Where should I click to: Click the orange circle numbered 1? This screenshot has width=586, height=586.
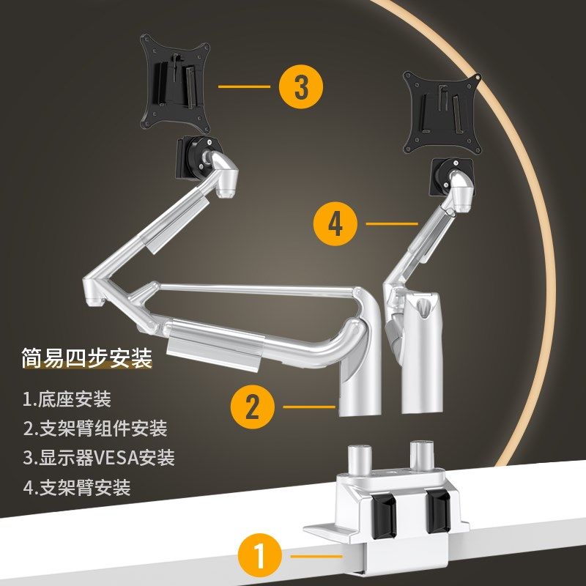click(x=260, y=556)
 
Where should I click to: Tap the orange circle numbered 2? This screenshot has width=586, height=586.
click(x=252, y=407)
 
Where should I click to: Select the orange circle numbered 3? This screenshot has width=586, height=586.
click(x=301, y=86)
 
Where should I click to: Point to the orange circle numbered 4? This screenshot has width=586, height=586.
click(x=335, y=224)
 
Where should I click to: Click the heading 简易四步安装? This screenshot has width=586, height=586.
click(x=86, y=358)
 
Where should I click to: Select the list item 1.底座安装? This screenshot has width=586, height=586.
click(x=67, y=398)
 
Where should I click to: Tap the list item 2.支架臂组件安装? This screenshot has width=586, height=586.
click(x=95, y=429)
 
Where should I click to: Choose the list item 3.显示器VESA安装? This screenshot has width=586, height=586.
click(x=99, y=458)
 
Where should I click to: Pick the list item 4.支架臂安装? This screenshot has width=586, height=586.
click(x=77, y=487)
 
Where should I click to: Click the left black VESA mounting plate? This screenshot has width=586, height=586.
click(x=174, y=83)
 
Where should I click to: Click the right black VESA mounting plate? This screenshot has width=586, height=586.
click(x=442, y=113)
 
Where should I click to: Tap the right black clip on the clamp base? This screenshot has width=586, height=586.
click(x=438, y=511)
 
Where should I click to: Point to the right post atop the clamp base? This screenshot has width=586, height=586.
click(x=422, y=455)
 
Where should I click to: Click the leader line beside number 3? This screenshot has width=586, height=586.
click(x=244, y=86)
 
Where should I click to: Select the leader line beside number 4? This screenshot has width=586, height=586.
click(x=392, y=224)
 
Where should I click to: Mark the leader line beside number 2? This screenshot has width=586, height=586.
click(x=309, y=407)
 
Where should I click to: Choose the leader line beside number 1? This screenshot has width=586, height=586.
click(x=316, y=556)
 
